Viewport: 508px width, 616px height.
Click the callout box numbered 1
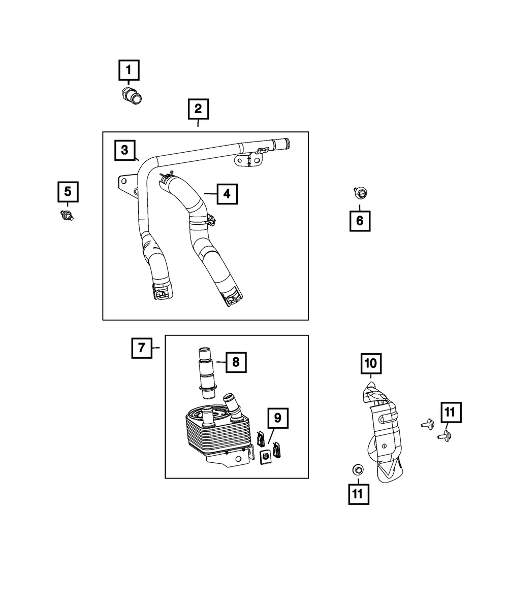pos(129,71)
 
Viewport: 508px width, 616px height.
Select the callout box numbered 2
pos(198,108)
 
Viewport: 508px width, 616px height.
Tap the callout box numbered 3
pos(124,150)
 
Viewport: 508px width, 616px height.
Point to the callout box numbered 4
pos(227,193)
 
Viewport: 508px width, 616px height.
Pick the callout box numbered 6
pos(360,221)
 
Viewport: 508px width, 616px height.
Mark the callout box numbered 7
pos(142,348)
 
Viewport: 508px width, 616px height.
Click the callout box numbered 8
pos(236,362)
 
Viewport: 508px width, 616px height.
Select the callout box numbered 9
pos(277,418)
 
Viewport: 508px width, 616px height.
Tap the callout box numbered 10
pos(370,363)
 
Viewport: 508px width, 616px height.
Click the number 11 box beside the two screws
pos(451,413)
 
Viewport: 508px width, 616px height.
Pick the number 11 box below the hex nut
pos(359,494)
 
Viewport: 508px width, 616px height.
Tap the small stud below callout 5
pos(67,215)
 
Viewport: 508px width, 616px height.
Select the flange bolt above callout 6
pos(360,193)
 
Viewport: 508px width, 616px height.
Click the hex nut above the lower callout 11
pos(357,469)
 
